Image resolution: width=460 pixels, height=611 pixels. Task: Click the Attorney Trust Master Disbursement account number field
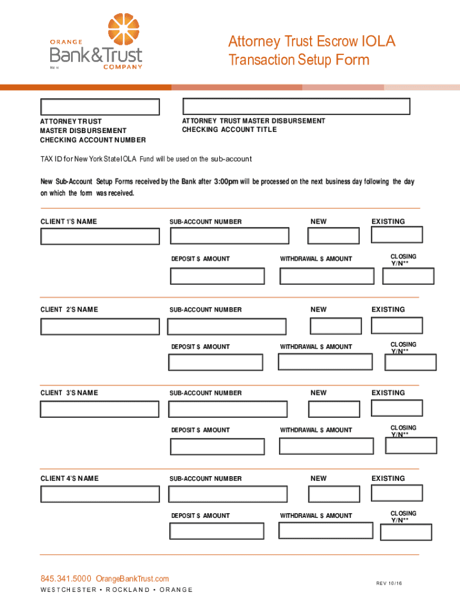coord(100,107)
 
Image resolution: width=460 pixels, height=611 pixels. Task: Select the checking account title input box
coord(296,106)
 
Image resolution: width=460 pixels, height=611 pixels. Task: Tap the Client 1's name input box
coord(100,236)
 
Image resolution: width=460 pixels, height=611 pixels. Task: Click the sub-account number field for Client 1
coord(229,236)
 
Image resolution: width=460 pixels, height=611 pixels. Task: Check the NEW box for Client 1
coord(333,236)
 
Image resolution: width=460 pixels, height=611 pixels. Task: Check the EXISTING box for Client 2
coord(397,325)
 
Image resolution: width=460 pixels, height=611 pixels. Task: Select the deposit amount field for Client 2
coord(216,362)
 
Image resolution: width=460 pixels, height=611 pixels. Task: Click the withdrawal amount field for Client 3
coord(326,446)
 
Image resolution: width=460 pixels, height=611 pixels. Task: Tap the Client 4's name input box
coord(100,493)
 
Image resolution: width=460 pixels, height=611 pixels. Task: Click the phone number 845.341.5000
coord(66,579)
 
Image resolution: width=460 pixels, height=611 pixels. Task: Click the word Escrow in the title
coord(323,42)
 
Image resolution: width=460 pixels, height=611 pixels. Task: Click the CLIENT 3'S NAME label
coord(69,393)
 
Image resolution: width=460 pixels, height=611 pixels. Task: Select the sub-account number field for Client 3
coord(228,409)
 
